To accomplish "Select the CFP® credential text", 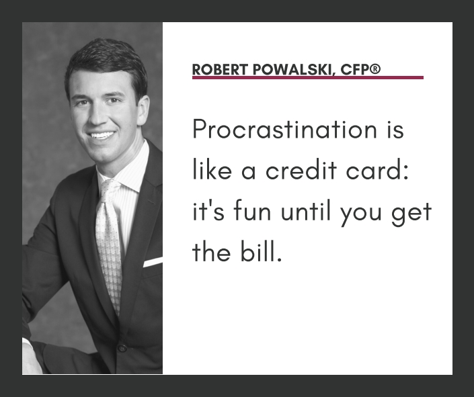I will click(360, 70).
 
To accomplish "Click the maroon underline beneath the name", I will click(307, 78).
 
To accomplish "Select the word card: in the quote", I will click(383, 171).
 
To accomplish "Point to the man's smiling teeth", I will click(102, 134).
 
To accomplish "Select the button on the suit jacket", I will click(122, 348).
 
